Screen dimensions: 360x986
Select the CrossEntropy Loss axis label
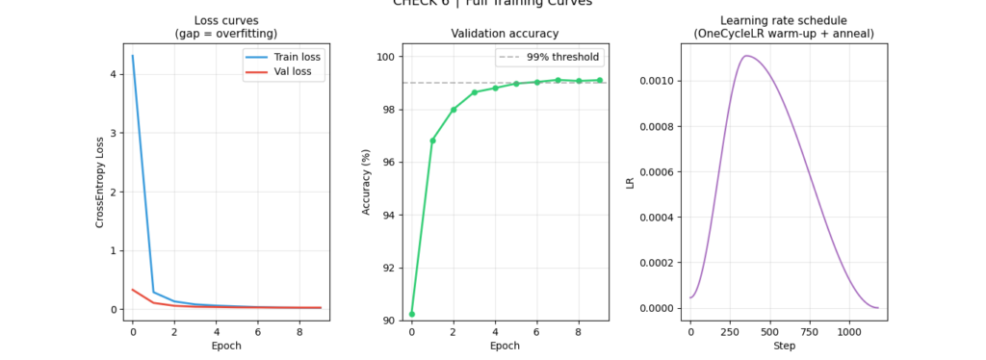click(x=99, y=182)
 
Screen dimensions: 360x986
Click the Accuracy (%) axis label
click(x=366, y=182)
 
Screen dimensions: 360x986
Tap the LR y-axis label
click(x=631, y=182)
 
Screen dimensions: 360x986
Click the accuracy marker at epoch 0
click(x=412, y=314)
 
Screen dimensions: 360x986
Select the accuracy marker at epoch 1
click(x=432, y=141)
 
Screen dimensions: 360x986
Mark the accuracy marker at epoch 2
click(x=454, y=110)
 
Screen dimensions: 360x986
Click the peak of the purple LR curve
click(x=747, y=56)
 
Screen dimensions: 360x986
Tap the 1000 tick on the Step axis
click(x=848, y=331)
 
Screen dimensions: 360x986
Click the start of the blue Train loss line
click(x=133, y=56)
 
